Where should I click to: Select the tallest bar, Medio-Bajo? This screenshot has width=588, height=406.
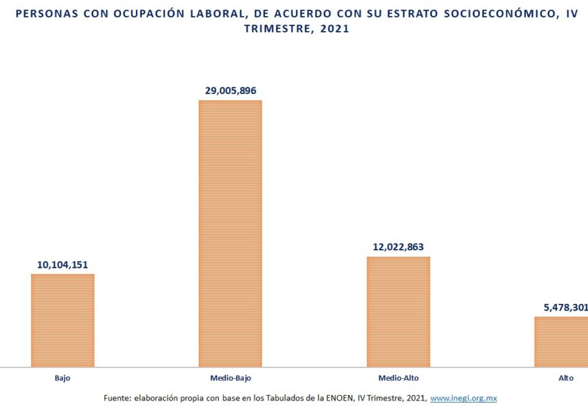[230, 233]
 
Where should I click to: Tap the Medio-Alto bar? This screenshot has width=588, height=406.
[398, 311]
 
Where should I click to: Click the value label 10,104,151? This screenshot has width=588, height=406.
[63, 265]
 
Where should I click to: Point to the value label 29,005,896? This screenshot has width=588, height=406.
[230, 91]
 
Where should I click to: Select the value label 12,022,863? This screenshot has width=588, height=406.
[398, 247]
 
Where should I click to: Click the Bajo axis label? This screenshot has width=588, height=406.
[62, 378]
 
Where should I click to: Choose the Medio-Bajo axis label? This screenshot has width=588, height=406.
[230, 378]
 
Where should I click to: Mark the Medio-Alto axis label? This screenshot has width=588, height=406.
[398, 378]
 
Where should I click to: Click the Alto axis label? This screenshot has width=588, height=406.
[566, 378]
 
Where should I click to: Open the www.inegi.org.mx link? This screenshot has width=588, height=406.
[463, 399]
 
